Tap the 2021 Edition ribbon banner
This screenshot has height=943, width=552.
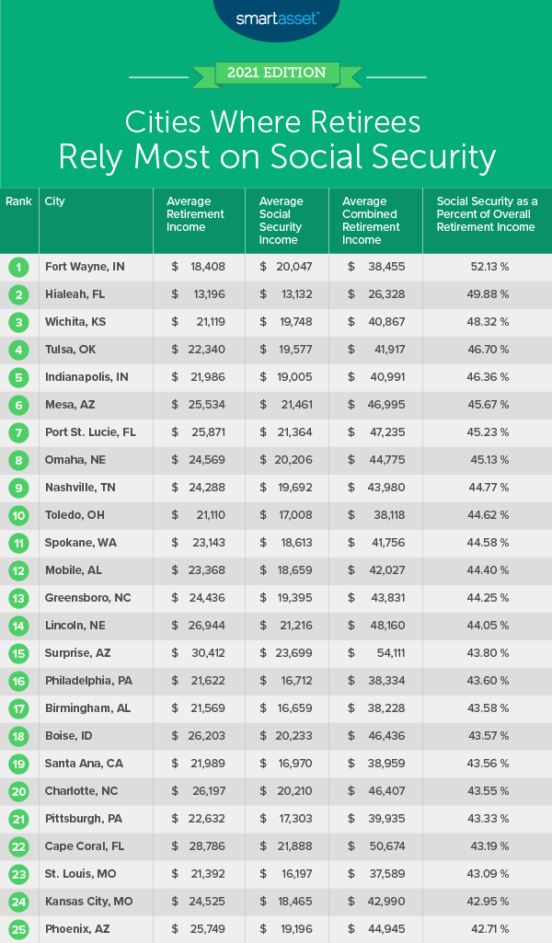(276, 72)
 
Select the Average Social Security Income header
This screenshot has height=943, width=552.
(281, 221)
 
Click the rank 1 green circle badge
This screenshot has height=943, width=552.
(17, 267)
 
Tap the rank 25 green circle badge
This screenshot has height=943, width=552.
(17, 929)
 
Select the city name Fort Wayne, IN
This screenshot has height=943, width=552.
(85, 267)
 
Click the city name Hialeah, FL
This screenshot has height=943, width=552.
(76, 294)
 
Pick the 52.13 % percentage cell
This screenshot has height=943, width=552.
(487, 267)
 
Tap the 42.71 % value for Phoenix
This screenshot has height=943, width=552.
(487, 929)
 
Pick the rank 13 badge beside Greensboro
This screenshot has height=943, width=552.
(17, 598)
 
